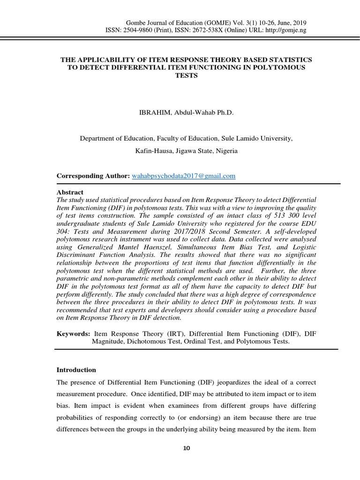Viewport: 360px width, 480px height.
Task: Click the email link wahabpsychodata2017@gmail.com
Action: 184,176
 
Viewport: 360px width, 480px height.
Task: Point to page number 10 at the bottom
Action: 187,448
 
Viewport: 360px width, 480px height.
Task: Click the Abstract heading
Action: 70,192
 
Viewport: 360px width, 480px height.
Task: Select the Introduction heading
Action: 76,370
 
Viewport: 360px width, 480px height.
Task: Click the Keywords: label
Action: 73,333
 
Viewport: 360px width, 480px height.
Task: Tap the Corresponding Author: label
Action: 93,176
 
